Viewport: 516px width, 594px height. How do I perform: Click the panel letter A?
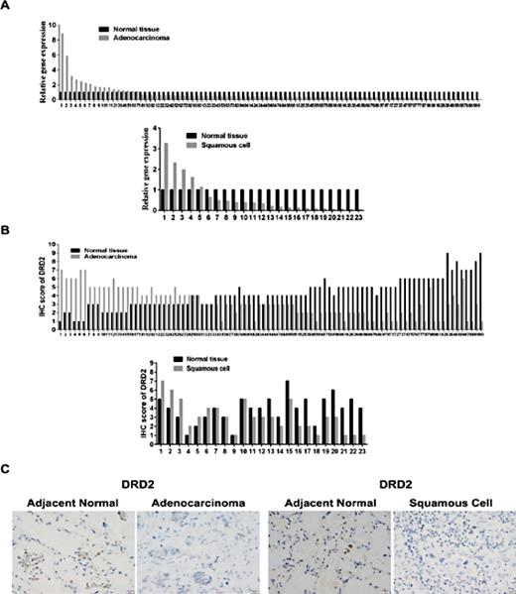pos(9,6)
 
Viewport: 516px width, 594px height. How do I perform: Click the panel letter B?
pos(9,232)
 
